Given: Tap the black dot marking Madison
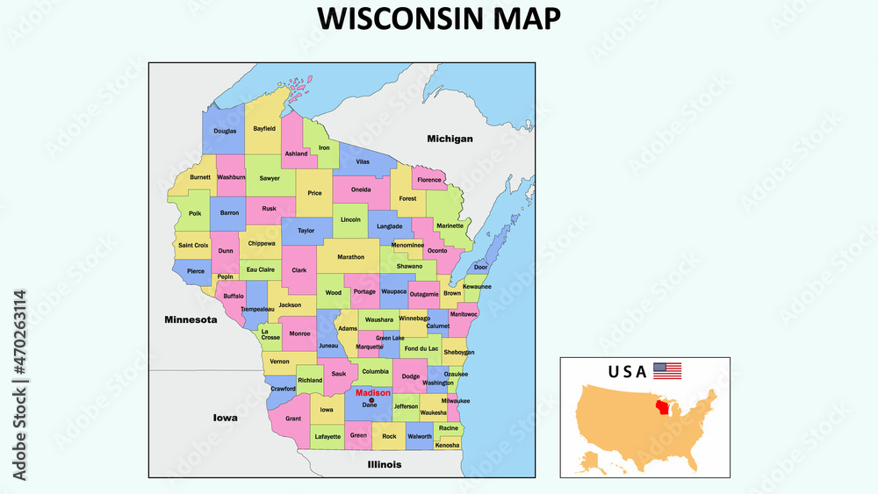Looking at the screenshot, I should pos(371,400).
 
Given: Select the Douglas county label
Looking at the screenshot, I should pos(225,131).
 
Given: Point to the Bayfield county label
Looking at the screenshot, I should pos(264,128).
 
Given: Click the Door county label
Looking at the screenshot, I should pos(480,268).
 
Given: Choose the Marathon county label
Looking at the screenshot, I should pos(350,257).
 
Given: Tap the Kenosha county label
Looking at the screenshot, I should pos(448,445).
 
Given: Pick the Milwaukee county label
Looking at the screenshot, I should pos(456,401).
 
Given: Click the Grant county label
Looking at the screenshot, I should pos(293,419).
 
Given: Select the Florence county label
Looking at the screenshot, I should pos(429,180).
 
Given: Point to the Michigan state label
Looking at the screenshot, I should pos(450,139).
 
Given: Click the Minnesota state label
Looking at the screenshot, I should pos(191,319).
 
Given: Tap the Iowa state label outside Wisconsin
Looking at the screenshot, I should pos(225,418).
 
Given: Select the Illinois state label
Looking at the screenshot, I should pos(385,464).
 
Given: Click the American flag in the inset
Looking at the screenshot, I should pos(667,370).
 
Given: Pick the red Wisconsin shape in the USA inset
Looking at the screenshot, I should pos(671,408).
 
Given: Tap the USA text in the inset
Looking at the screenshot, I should pos(627,371).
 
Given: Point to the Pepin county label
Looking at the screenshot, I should pos(226,276).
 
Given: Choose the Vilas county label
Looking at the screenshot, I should pos(363,162).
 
